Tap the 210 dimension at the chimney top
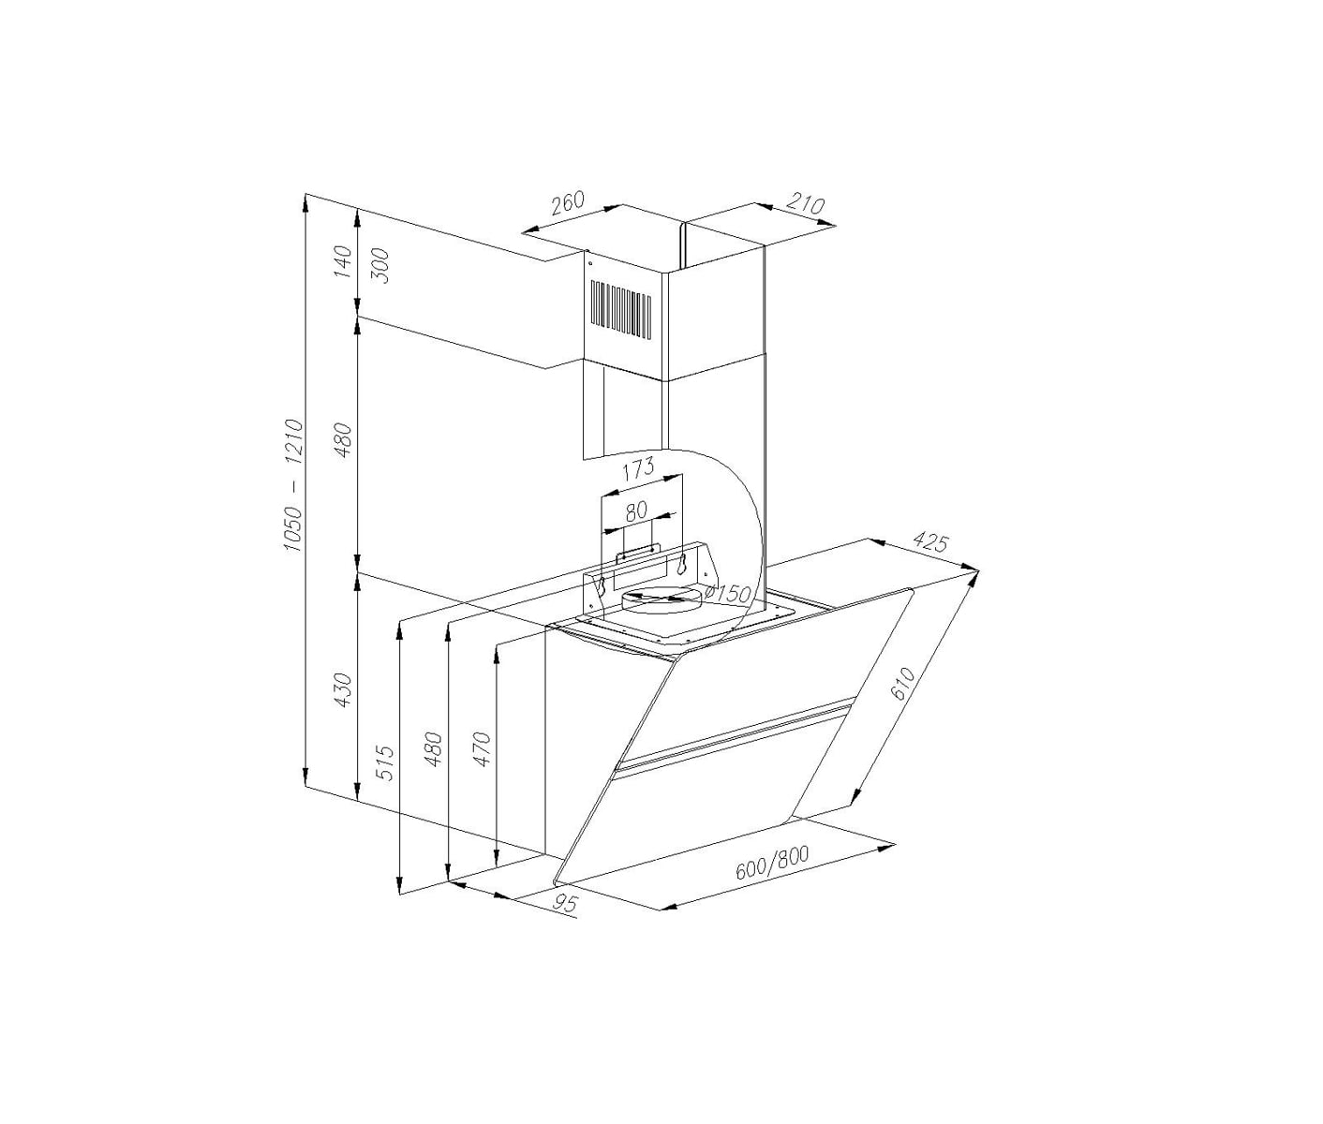(804, 205)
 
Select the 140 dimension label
(344, 261)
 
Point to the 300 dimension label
(380, 265)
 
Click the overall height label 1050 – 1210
(294, 486)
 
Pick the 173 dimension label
(638, 467)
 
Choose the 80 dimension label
(635, 510)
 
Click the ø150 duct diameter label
(726, 594)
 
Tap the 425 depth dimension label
(929, 542)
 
